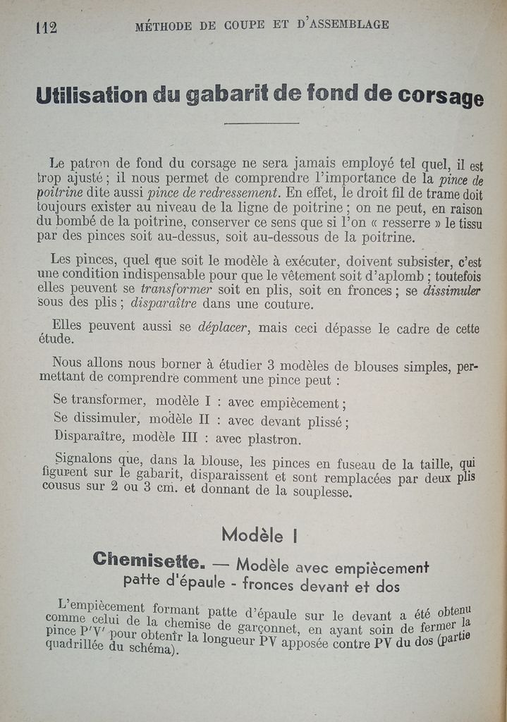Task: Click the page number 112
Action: point(46,27)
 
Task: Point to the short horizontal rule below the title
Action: point(262,123)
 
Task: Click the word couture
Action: point(286,305)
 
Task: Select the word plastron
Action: point(276,439)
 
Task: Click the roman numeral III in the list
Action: point(190,437)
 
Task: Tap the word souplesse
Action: point(314,492)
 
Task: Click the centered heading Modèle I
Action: point(259,534)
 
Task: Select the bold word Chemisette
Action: point(149,561)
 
